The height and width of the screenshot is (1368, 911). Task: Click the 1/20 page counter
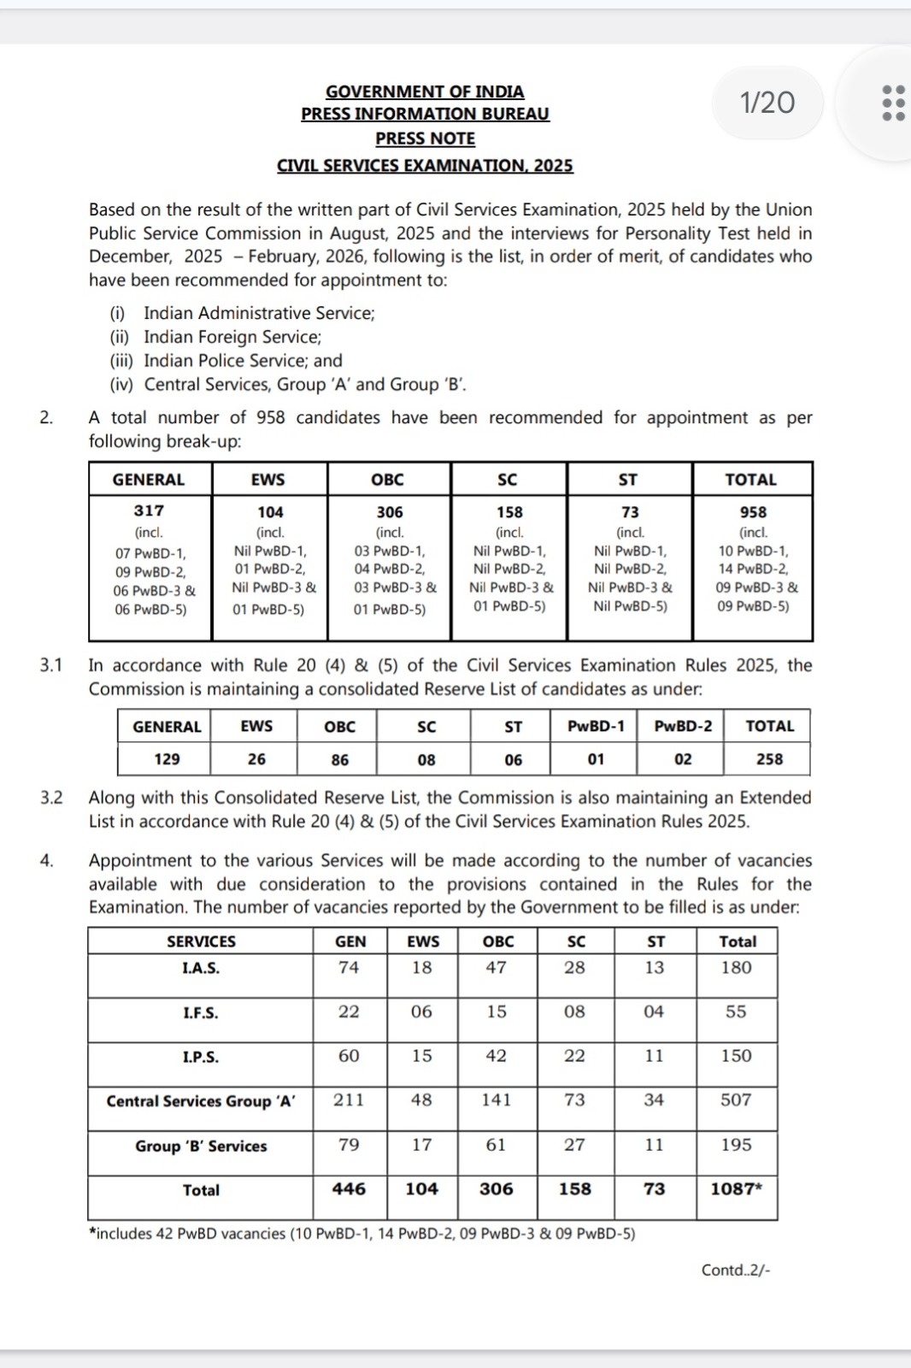coord(767,103)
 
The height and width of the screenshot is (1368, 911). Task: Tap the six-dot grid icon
coord(893,103)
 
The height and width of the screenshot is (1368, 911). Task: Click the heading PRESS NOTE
coord(425,139)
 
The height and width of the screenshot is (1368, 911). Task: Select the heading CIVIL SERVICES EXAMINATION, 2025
coord(425,166)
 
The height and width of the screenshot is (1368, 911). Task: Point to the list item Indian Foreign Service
coord(232,337)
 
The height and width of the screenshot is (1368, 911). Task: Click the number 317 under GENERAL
coord(149,510)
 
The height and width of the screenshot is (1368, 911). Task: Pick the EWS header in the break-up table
coord(268,480)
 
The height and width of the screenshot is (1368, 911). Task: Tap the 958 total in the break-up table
coord(753,512)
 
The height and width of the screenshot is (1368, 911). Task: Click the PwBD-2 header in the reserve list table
coord(683,726)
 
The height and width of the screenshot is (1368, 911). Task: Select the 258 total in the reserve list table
coord(769,759)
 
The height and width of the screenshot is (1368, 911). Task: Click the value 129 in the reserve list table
coord(167,759)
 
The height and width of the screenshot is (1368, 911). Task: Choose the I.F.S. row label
coord(201,1013)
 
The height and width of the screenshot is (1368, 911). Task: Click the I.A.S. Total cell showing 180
coord(736,968)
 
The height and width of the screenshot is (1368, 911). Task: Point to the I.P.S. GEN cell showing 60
coord(349,1056)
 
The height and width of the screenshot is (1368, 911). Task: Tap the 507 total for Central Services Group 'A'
coord(736,1100)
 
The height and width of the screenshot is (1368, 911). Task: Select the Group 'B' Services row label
coord(201,1146)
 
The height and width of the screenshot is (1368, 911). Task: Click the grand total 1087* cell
coord(736,1189)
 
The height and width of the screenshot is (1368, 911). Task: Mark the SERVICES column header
coord(201,941)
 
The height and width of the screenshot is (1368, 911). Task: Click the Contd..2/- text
coord(736,1271)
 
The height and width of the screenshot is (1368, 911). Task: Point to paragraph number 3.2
coord(51,798)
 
